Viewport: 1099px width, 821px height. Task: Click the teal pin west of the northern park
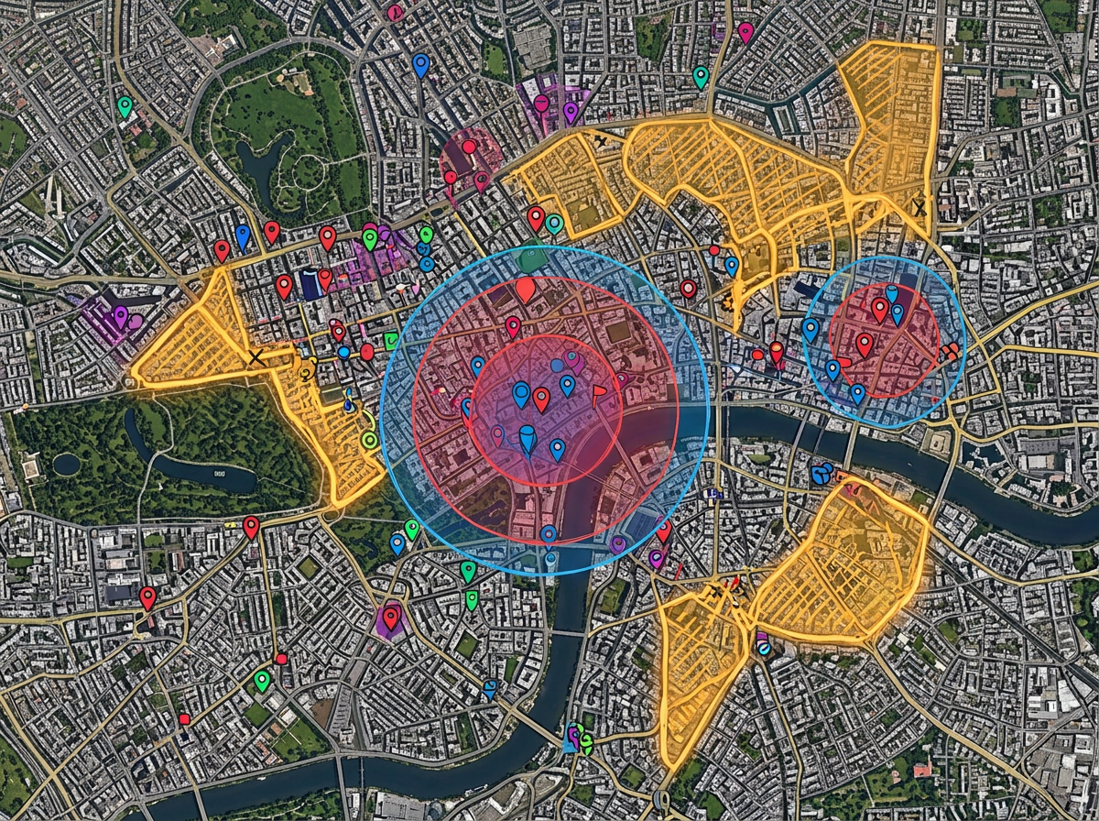click(x=125, y=106)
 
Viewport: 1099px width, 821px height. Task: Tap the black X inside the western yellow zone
click(x=256, y=358)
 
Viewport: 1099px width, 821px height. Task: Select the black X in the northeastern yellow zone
click(x=919, y=208)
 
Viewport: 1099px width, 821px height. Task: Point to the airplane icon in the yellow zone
click(x=601, y=141)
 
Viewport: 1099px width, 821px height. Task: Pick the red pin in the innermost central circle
click(x=541, y=399)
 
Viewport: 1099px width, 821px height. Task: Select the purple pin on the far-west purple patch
click(x=121, y=316)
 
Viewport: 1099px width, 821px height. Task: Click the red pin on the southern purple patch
click(x=391, y=617)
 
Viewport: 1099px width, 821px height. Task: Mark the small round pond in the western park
click(x=66, y=464)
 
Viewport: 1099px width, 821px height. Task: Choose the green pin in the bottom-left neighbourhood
click(x=262, y=680)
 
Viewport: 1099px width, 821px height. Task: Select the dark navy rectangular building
click(x=311, y=284)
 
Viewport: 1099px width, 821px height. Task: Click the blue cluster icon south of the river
click(x=822, y=473)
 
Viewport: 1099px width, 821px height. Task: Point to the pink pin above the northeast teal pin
click(x=745, y=32)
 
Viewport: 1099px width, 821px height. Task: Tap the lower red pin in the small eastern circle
click(x=864, y=345)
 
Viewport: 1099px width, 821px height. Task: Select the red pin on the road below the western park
click(x=251, y=527)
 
